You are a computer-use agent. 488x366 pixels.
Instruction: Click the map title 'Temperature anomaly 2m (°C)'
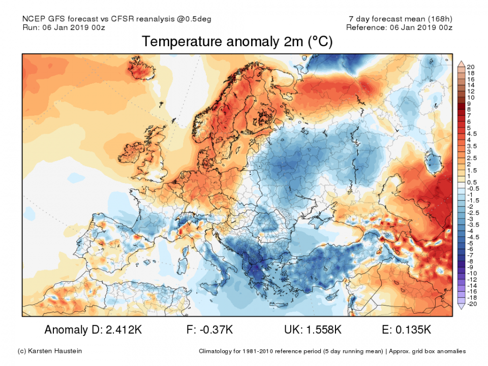coord(237,42)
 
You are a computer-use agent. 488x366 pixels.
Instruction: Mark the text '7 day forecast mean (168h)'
coord(398,19)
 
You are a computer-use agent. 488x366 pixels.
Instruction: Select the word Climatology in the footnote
coord(219,351)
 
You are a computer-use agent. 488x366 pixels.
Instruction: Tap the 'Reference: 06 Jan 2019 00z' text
coord(399,27)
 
